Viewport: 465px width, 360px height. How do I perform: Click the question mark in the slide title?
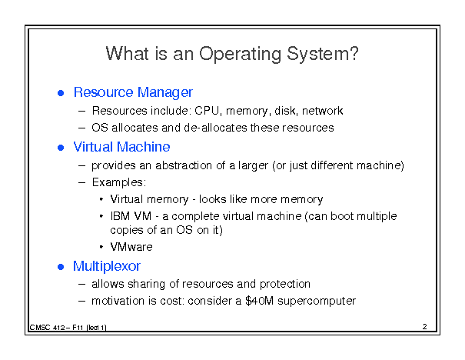click(354, 53)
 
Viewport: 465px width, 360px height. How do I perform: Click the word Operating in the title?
click(240, 55)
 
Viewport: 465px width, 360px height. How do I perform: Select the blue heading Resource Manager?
click(133, 92)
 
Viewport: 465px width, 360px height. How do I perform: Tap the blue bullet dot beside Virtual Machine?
click(61, 148)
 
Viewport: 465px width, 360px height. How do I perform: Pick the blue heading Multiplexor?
click(107, 266)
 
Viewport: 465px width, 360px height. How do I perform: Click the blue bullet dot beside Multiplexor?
click(61, 267)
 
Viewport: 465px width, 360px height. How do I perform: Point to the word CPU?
click(208, 111)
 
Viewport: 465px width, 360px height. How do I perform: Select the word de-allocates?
click(216, 128)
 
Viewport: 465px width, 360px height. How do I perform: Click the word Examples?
click(119, 182)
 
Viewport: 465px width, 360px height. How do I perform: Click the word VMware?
click(131, 247)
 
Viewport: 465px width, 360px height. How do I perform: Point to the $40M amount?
click(260, 301)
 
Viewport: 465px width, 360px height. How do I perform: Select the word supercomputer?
click(317, 302)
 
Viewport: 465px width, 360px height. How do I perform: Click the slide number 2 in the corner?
click(425, 326)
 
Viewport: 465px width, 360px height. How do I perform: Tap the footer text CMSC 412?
click(47, 328)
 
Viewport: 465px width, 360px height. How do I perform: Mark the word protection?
click(285, 285)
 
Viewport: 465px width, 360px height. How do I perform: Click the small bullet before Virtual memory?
click(101, 199)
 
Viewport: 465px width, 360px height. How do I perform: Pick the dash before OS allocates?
click(81, 128)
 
